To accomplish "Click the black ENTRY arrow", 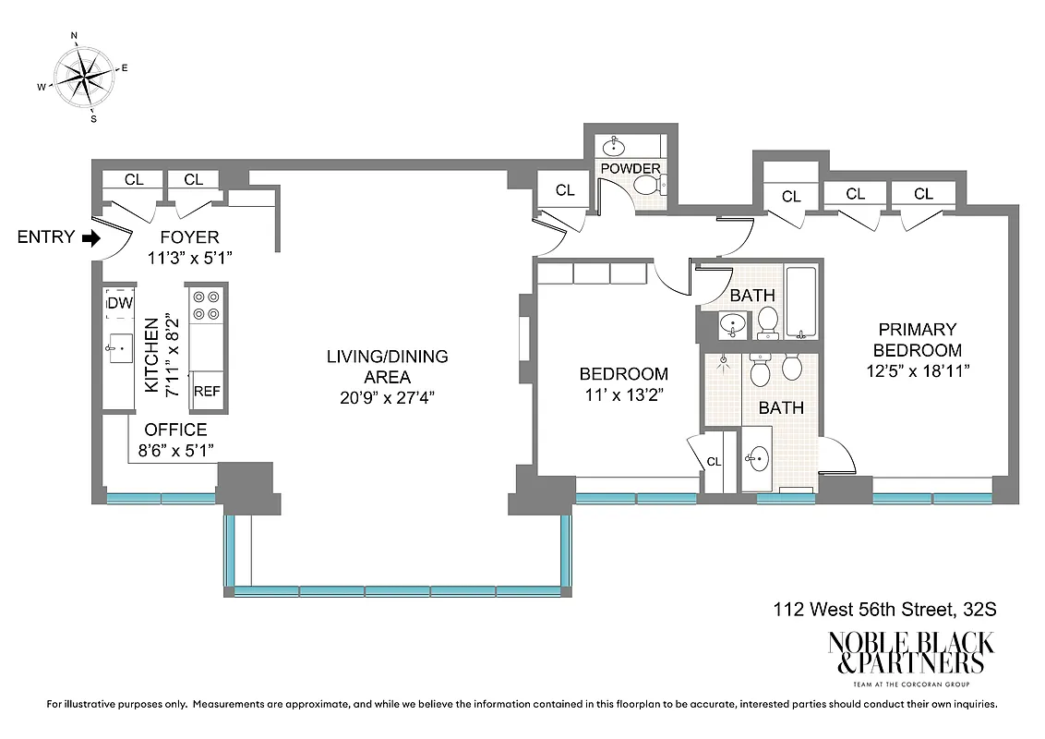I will (x=90, y=237).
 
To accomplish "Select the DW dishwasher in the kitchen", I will (x=119, y=302).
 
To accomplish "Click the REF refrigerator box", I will (x=207, y=392).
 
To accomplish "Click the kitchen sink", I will (x=118, y=348).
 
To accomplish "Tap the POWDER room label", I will (x=631, y=169).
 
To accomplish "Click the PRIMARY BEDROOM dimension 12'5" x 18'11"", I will (x=917, y=370).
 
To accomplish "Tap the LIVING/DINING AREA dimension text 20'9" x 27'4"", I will (x=387, y=398).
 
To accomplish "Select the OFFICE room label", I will (x=175, y=430).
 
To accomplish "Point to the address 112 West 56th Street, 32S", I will (x=884, y=610).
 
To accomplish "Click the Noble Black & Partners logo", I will (x=910, y=654).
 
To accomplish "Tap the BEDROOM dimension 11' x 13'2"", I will (x=623, y=394).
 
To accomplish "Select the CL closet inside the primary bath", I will (x=714, y=462).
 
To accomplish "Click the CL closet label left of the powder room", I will (x=565, y=190).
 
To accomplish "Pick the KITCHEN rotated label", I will (x=153, y=356).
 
